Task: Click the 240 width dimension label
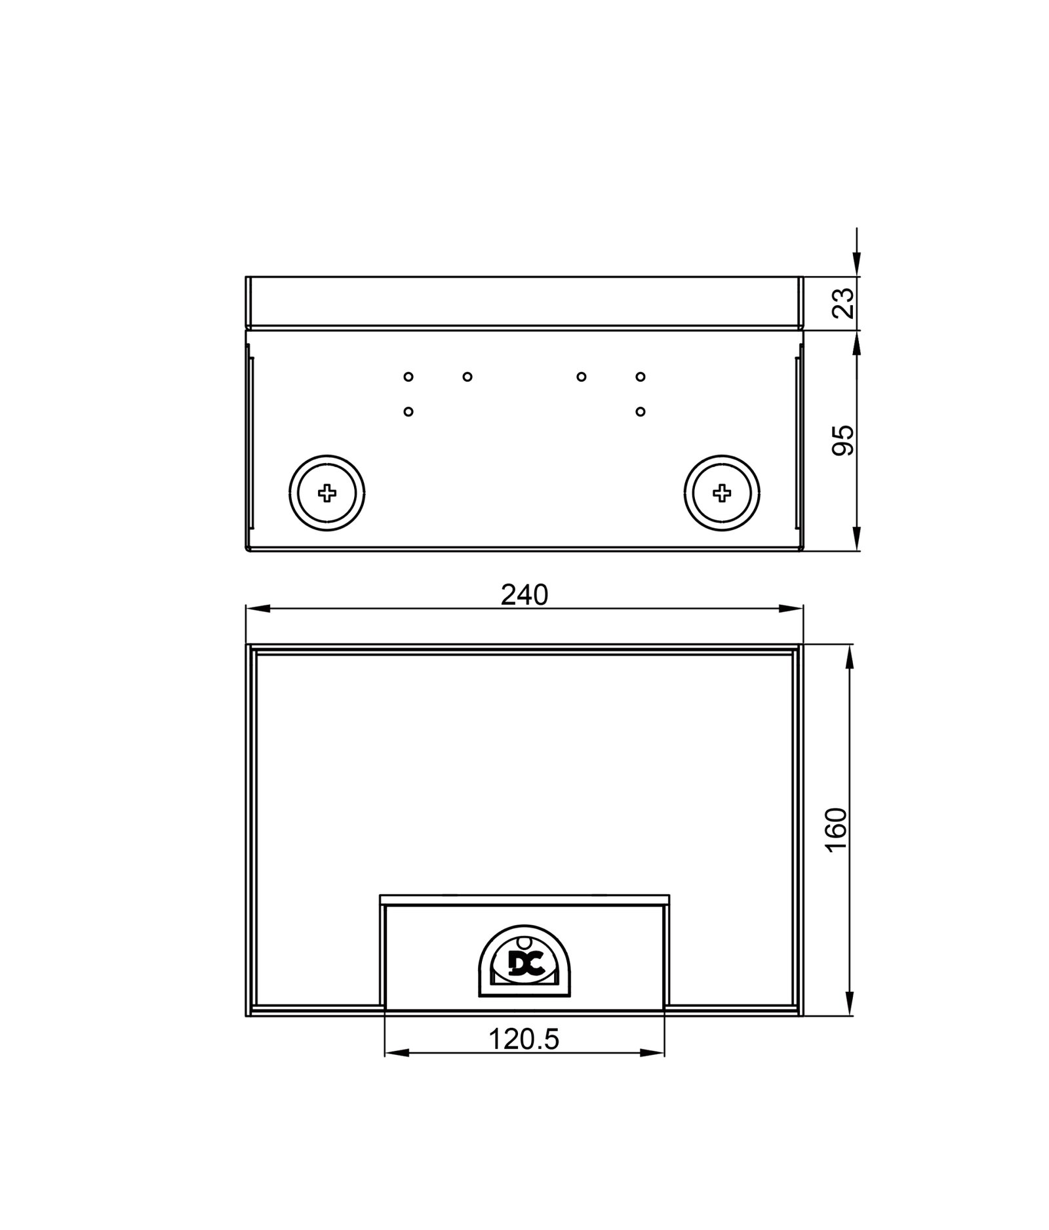pos(524,594)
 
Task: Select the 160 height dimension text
pos(836,829)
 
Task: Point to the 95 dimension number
pos(843,440)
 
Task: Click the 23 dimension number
pos(843,302)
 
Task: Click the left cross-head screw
pos(327,493)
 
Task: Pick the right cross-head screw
pos(722,493)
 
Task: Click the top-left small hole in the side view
pos(408,377)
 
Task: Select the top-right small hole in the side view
pos(641,377)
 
